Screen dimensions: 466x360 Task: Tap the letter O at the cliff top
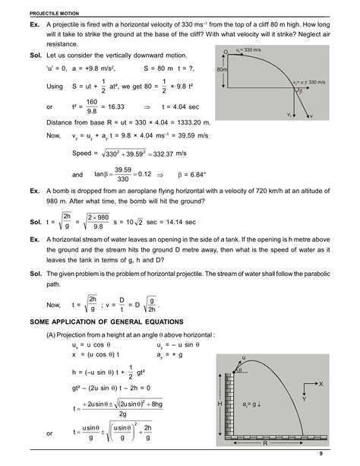pyautogui.click(x=226, y=51)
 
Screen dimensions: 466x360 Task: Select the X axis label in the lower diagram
pyautogui.click(x=321, y=384)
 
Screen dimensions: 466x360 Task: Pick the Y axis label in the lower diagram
pyautogui.click(x=304, y=398)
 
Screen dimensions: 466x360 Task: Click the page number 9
pyautogui.click(x=342, y=454)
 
